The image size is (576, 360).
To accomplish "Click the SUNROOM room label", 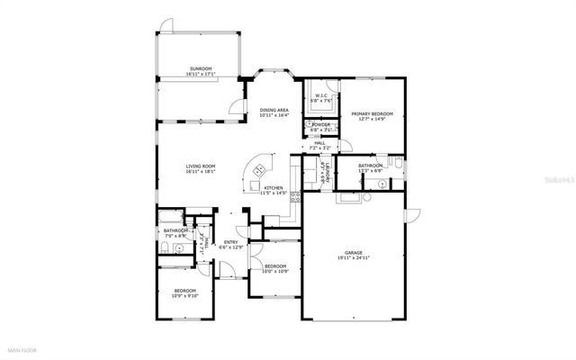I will pyautogui.click(x=200, y=68).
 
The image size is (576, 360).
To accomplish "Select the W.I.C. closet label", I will pyautogui.click(x=321, y=97).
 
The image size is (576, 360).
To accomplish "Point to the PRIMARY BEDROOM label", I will pyautogui.click(x=372, y=113).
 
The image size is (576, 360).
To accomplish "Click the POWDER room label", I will pyautogui.click(x=320, y=125).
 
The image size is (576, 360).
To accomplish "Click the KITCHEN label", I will pyautogui.click(x=273, y=188).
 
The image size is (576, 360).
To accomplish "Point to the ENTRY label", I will pyautogui.click(x=230, y=242).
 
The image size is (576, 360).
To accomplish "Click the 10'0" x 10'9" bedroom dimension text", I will pyautogui.click(x=274, y=270).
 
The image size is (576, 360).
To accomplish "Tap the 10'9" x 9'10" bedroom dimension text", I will pyautogui.click(x=185, y=295).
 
